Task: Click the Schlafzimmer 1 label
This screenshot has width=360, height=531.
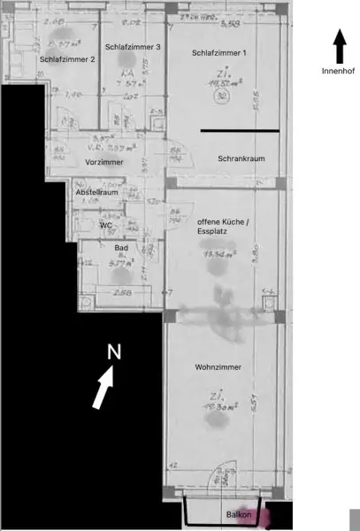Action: click(x=219, y=54)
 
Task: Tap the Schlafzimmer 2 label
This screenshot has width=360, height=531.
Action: click(x=67, y=59)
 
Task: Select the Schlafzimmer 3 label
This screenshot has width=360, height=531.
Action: click(x=133, y=47)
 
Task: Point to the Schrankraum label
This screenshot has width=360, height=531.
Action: click(x=241, y=158)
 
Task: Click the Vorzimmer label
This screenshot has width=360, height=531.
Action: click(x=103, y=163)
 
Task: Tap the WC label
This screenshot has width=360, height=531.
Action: click(x=105, y=225)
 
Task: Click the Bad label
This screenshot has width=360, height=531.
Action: click(x=122, y=249)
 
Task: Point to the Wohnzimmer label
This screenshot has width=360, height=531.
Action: click(x=218, y=366)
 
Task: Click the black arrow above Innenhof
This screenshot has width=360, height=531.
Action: click(x=339, y=44)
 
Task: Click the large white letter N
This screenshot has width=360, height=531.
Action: click(x=113, y=351)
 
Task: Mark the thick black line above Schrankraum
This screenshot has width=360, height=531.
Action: click(x=240, y=131)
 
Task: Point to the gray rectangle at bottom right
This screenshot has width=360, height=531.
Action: click(x=355, y=519)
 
